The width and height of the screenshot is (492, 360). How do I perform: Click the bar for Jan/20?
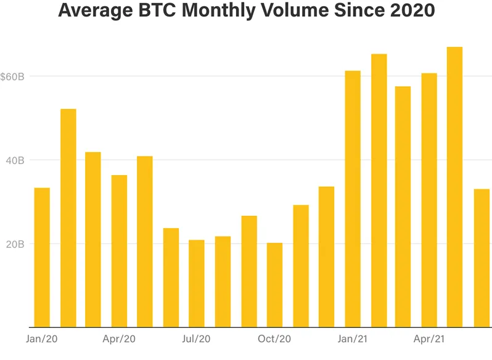[x=42, y=258]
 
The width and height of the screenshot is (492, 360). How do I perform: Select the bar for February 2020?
[x=68, y=218]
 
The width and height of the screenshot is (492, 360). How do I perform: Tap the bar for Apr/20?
[x=119, y=251]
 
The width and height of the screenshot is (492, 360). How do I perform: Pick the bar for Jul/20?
[x=197, y=284]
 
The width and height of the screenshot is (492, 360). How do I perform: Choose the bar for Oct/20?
[x=274, y=285]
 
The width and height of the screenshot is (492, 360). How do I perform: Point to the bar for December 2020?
[x=326, y=257]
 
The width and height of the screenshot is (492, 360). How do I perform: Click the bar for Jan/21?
[x=353, y=199]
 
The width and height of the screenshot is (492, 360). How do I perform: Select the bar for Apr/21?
[x=429, y=200]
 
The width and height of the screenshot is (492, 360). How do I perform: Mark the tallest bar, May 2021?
[x=454, y=187]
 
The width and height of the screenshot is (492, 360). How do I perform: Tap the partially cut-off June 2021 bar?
[x=482, y=258]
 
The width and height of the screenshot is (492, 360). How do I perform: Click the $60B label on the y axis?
[x=12, y=77]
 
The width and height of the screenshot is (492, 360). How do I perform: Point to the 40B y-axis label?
[x=15, y=160]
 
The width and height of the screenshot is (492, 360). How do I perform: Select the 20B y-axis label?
[x=15, y=244]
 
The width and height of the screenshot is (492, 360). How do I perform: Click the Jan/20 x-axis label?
[x=42, y=339]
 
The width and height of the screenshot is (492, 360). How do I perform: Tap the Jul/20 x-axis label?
[x=196, y=339]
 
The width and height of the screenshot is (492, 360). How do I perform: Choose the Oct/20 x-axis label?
[x=274, y=339]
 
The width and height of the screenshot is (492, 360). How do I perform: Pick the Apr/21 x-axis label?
[x=429, y=339]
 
